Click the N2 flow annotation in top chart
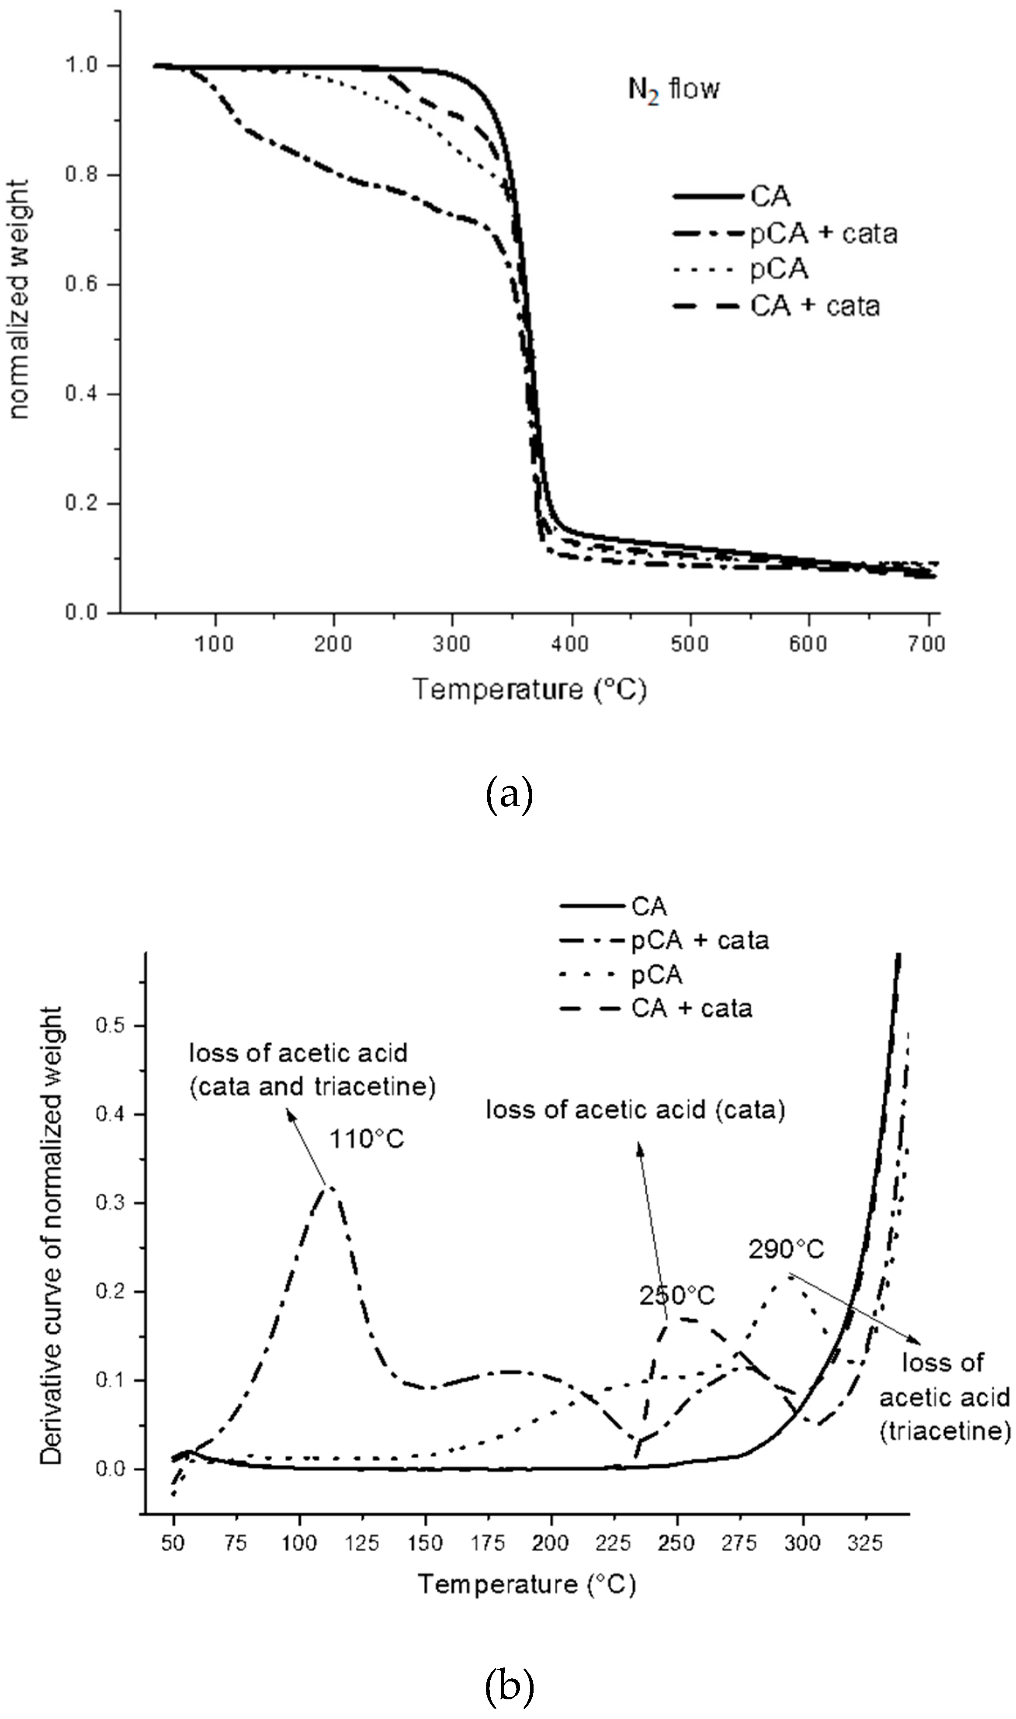[x=674, y=90]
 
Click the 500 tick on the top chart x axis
[x=690, y=644]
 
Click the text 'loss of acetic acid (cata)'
[x=635, y=1109]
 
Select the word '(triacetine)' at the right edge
[x=945, y=1430]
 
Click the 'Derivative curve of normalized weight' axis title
[x=52, y=1236]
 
